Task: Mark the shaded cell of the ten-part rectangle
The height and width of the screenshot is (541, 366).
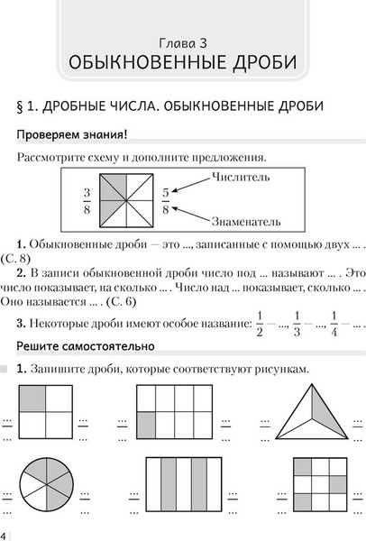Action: pos(148,423)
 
